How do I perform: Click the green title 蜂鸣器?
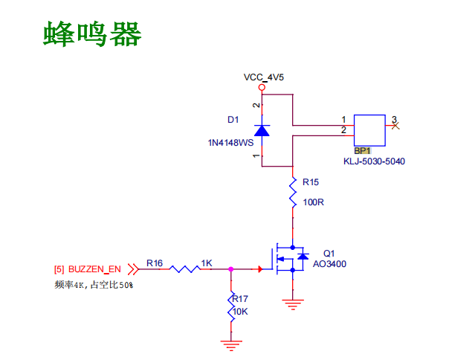coord(92,34)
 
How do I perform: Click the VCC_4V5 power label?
coord(263,77)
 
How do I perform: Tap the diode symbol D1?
coord(262,130)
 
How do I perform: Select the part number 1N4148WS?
coord(230,143)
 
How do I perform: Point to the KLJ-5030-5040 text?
coord(374,161)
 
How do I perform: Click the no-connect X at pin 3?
coord(395,126)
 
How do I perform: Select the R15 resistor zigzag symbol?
coord(293,192)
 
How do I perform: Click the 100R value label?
coord(313,202)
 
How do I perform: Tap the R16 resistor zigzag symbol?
coord(184,269)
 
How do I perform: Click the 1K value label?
coord(207,263)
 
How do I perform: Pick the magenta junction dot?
coord(230,269)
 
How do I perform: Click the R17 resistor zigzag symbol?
coord(231,306)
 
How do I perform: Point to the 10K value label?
coord(240,312)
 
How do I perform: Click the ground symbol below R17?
coord(231,345)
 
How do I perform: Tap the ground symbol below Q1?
coord(293,305)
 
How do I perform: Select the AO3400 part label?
coord(329,264)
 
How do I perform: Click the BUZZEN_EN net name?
coord(94,269)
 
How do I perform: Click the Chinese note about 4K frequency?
coord(94,285)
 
